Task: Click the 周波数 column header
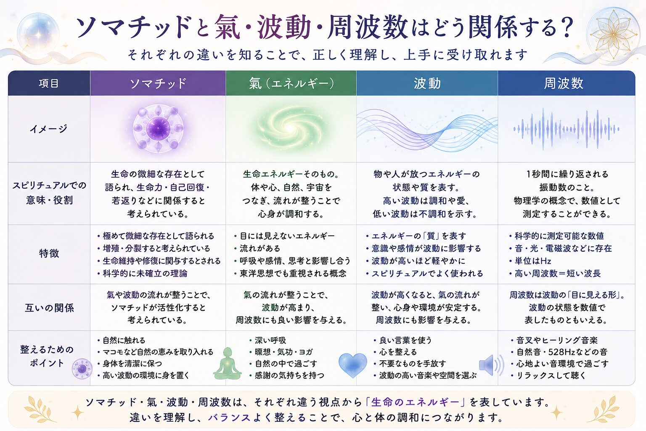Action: (x=566, y=83)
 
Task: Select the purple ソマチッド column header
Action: (x=158, y=83)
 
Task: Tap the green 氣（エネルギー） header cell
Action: (x=291, y=83)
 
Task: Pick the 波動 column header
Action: (x=427, y=83)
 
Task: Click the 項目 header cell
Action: (x=49, y=83)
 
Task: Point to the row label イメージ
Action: (x=49, y=129)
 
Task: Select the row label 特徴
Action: (x=49, y=254)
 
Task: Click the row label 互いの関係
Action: (x=49, y=308)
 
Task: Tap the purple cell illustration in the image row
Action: (x=158, y=129)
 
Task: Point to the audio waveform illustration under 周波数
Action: (x=566, y=129)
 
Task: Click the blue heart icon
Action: (x=352, y=365)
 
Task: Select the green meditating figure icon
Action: (x=227, y=364)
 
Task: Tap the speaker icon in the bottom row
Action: (x=491, y=365)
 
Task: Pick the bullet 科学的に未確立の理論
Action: (x=145, y=274)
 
